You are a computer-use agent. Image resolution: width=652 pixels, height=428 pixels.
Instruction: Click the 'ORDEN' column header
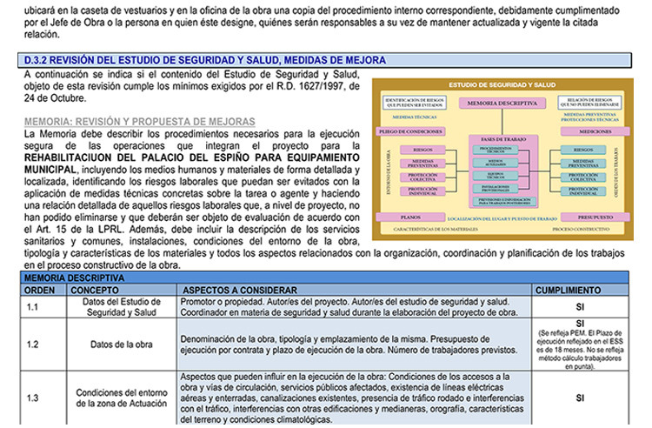click(39, 288)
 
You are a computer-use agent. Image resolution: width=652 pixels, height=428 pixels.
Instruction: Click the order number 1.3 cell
click(33, 398)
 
